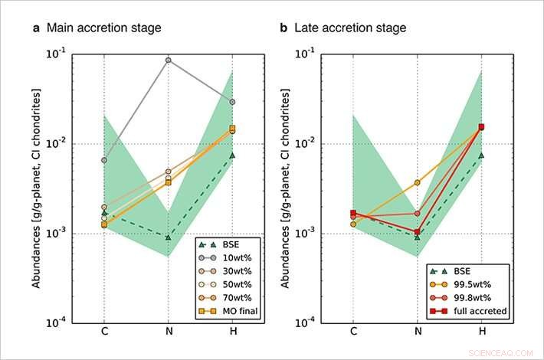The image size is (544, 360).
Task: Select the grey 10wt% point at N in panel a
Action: pyautogui.click(x=168, y=60)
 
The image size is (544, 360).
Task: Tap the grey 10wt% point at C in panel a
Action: pyautogui.click(x=103, y=160)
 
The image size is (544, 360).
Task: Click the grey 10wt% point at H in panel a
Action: pyautogui.click(x=232, y=102)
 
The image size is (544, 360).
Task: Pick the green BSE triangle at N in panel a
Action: pyautogui.click(x=168, y=237)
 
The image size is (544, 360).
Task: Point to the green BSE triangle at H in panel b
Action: pyautogui.click(x=481, y=155)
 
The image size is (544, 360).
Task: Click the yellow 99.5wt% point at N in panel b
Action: pyautogui.click(x=417, y=182)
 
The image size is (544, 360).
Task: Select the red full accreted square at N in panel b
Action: pyautogui.click(x=417, y=232)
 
